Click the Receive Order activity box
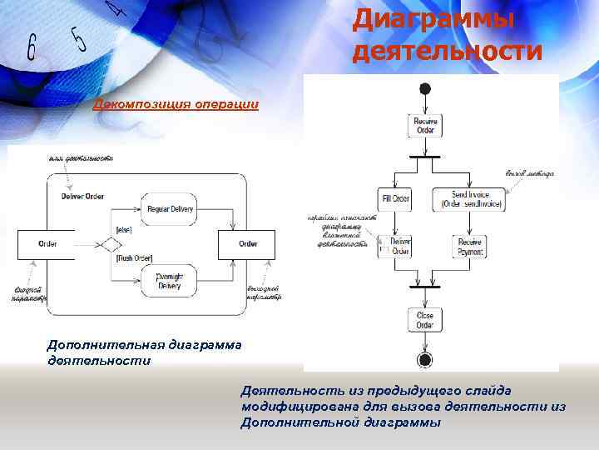click(x=425, y=126)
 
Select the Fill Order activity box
click(x=396, y=198)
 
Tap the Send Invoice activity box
click(x=468, y=198)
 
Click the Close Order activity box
click(x=425, y=320)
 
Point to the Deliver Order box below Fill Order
click(x=400, y=246)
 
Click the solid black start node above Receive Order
click(x=425, y=89)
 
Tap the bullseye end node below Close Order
click(x=425, y=359)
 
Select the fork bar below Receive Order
click(x=425, y=156)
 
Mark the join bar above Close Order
click(x=425, y=287)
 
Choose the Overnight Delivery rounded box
click(x=170, y=280)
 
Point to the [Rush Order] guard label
click(x=133, y=258)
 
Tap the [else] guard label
click(x=125, y=229)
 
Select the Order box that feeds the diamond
click(x=47, y=244)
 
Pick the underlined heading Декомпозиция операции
click(x=176, y=105)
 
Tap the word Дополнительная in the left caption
click(x=105, y=344)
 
